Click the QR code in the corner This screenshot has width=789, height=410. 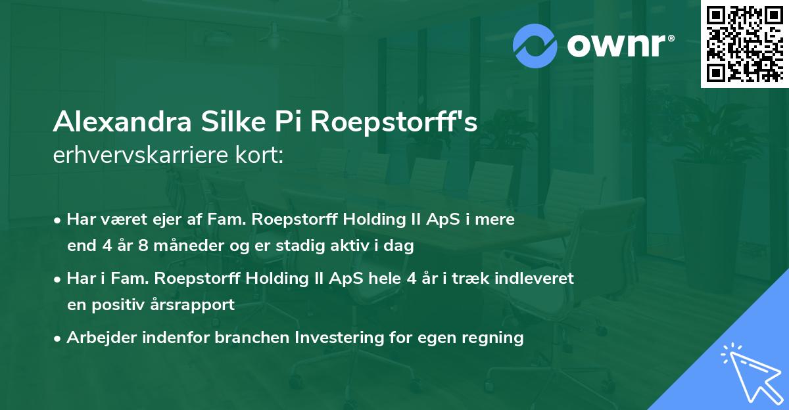point(745,43)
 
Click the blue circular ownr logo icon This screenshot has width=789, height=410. point(536,45)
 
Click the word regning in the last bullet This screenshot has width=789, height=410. point(494,338)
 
